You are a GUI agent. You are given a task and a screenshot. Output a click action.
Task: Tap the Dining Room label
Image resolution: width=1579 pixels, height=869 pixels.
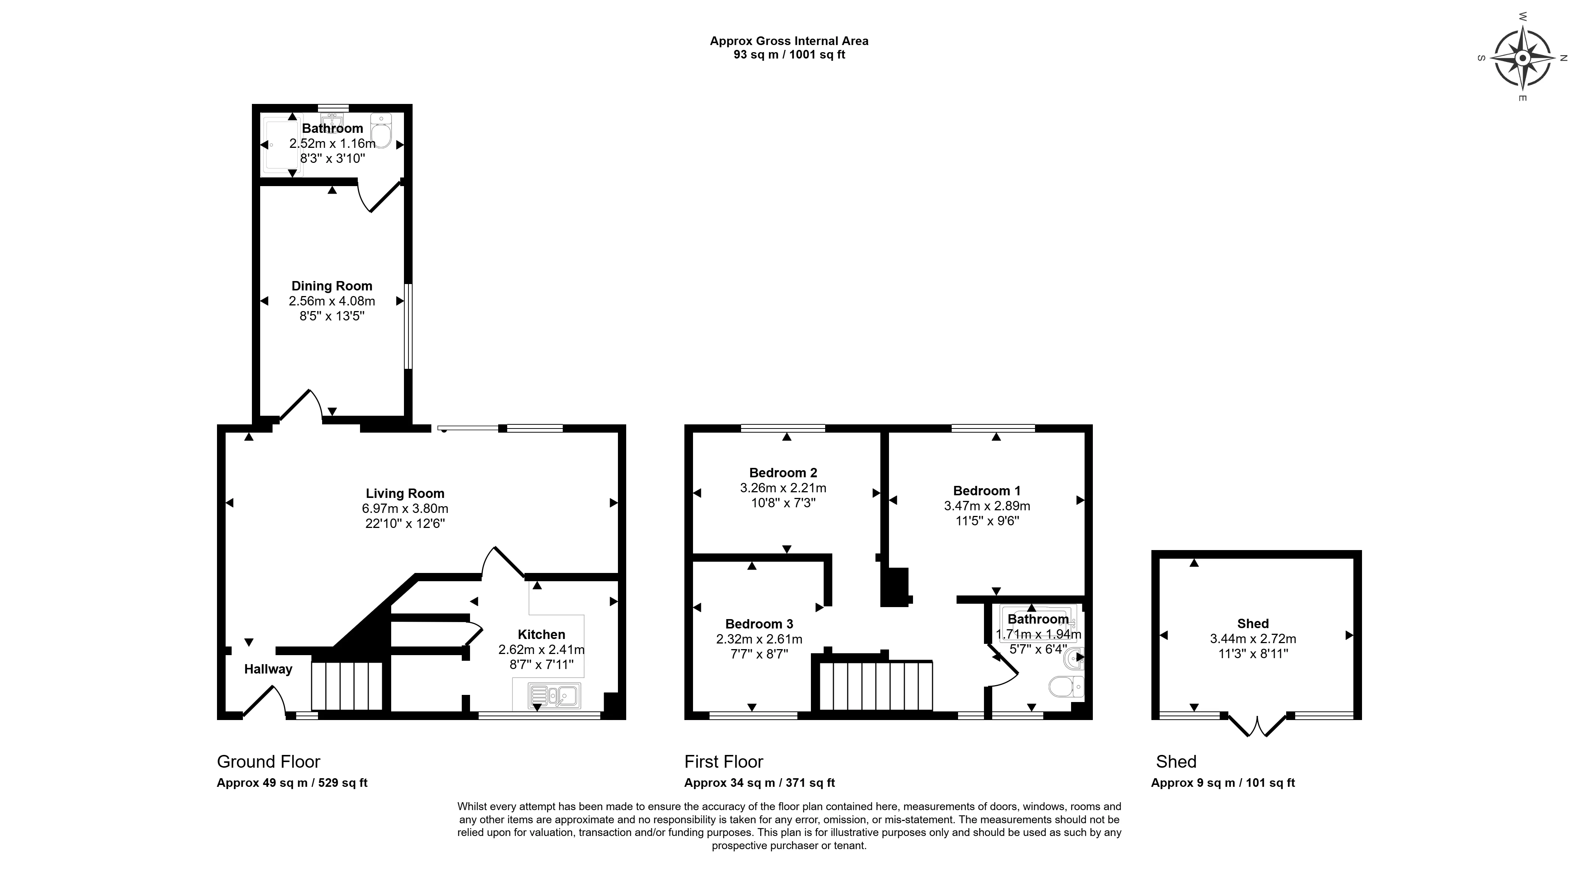point(331,286)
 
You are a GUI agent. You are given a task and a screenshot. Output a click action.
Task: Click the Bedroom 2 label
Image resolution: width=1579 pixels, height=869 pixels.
point(783,472)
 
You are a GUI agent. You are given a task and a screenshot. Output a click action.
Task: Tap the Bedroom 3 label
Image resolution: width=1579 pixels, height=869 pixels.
point(759,624)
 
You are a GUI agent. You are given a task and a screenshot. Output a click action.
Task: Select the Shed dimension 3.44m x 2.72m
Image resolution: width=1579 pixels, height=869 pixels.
point(1253,639)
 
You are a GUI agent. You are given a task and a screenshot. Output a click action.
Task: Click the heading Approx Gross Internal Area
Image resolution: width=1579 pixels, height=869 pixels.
point(789,41)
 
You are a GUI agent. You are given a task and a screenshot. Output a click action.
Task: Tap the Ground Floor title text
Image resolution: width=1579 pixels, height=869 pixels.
point(268,762)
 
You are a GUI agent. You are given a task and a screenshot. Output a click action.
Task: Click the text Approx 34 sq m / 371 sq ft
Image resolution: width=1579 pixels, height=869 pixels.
point(759,783)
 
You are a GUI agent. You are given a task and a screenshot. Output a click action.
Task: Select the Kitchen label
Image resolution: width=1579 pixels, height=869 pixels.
point(541,634)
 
